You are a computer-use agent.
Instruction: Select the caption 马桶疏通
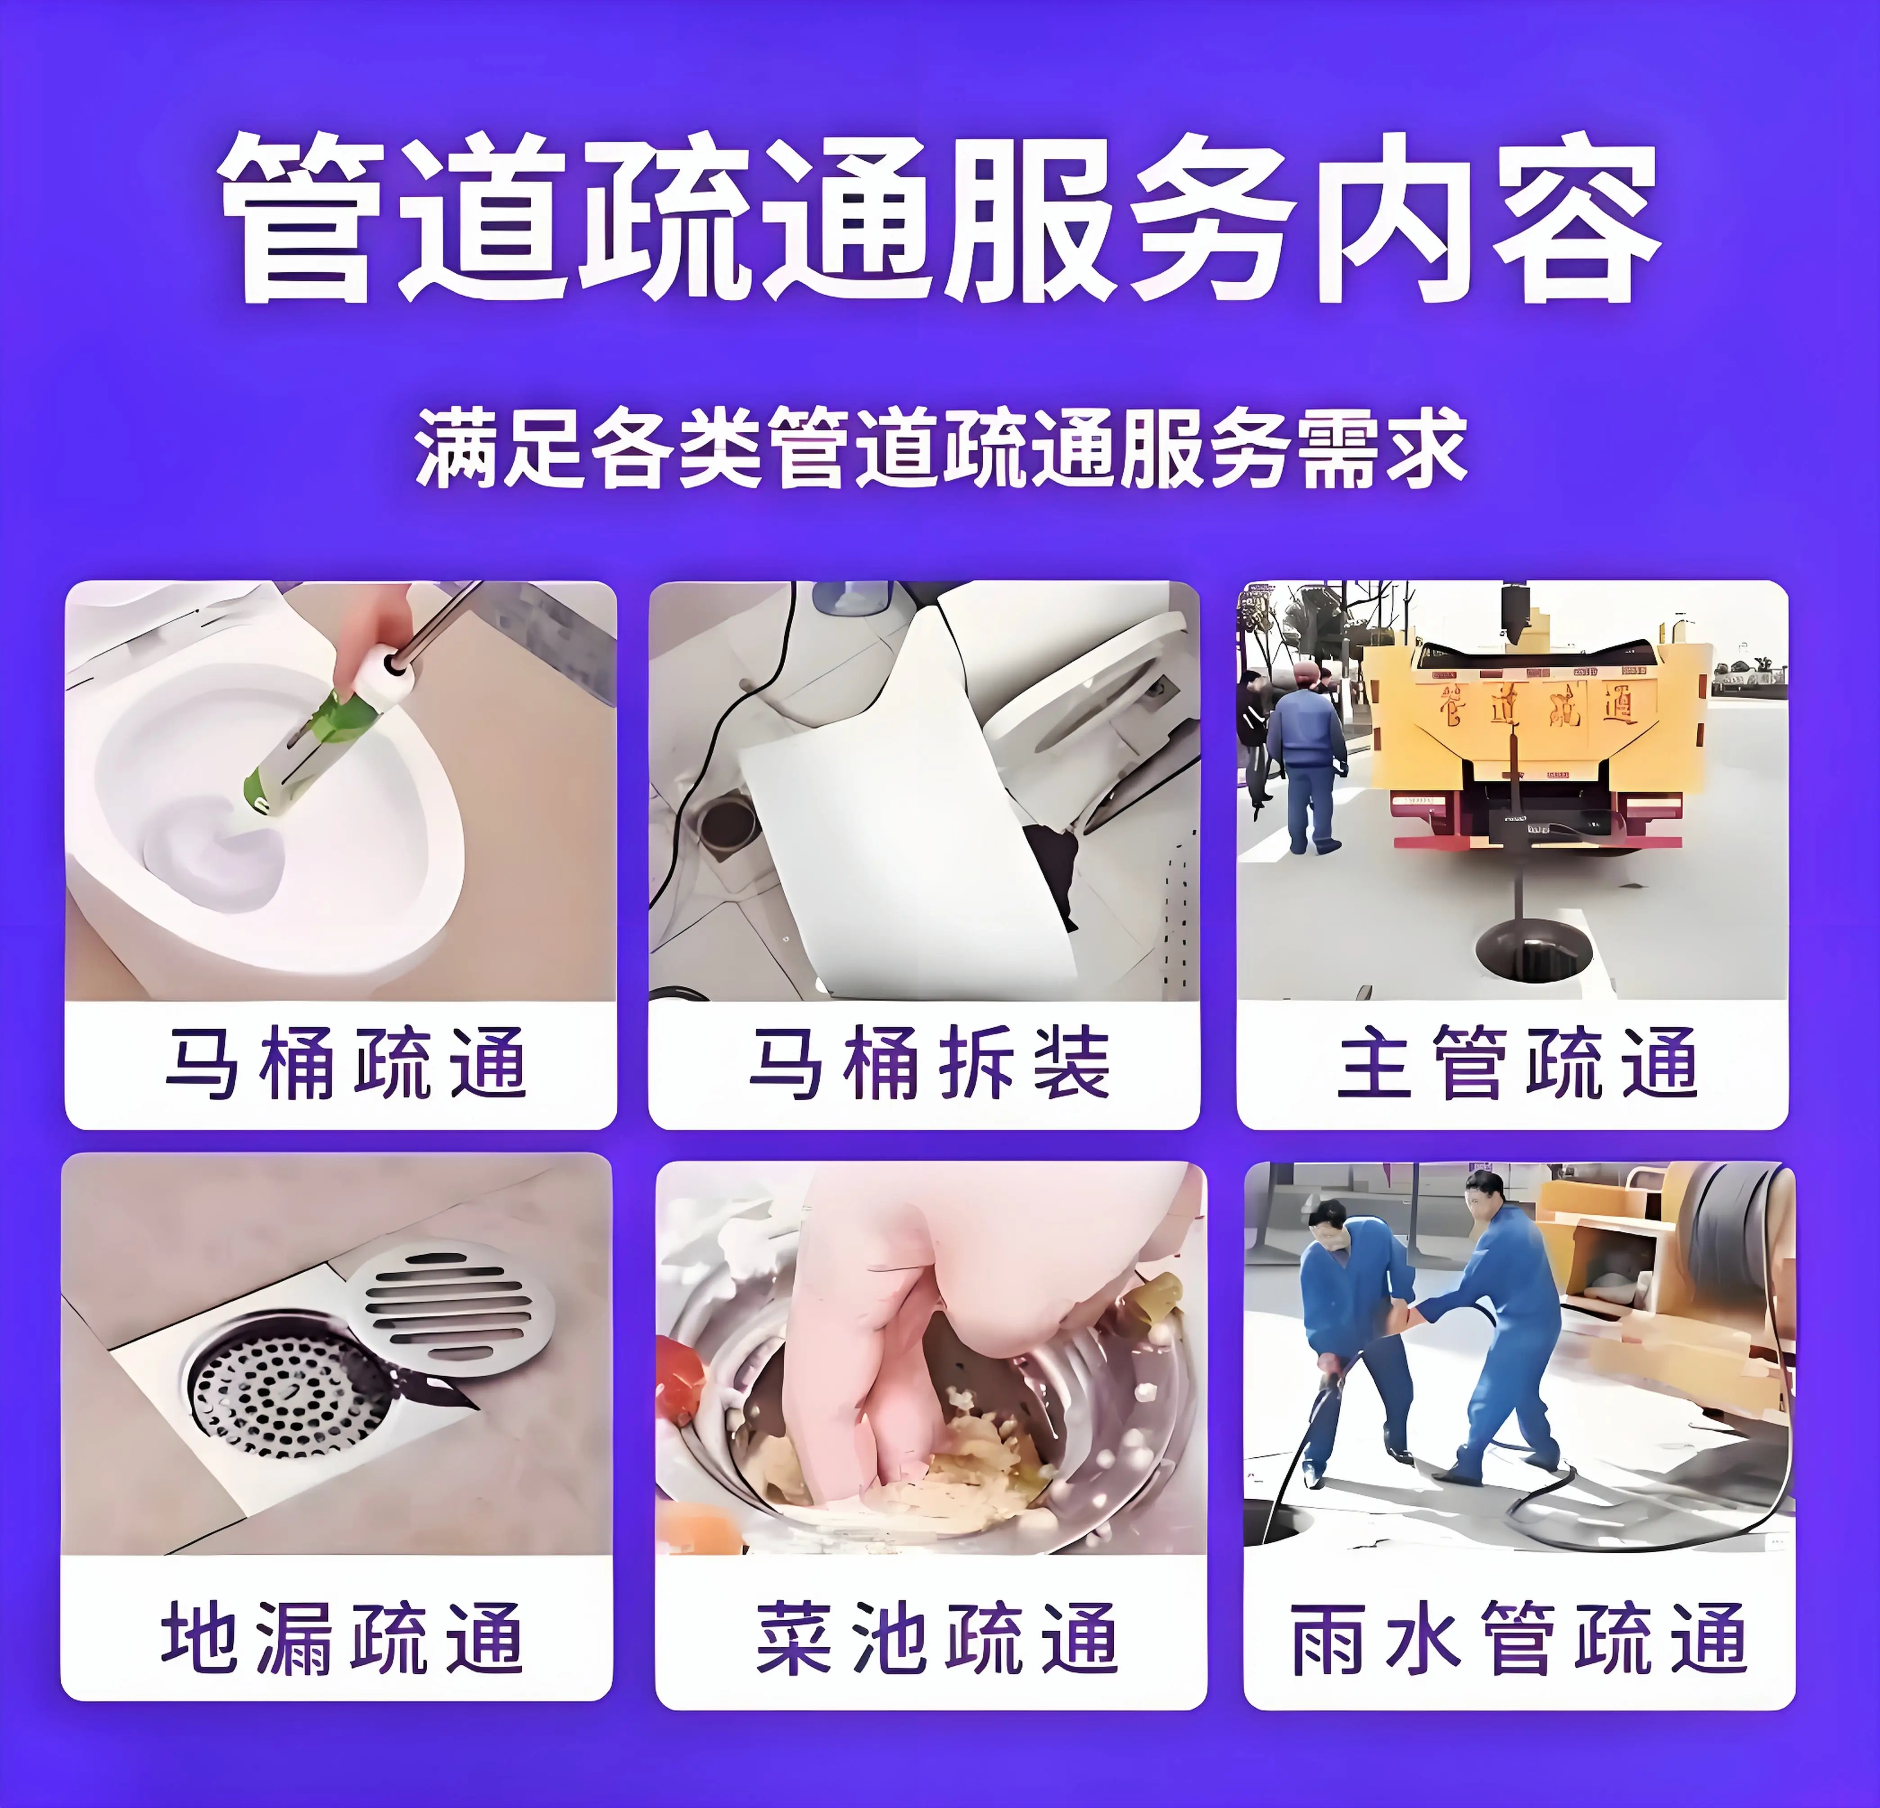click(345, 1063)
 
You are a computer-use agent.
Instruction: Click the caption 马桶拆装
click(928, 1063)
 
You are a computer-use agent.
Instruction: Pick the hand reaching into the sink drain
click(863, 1343)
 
